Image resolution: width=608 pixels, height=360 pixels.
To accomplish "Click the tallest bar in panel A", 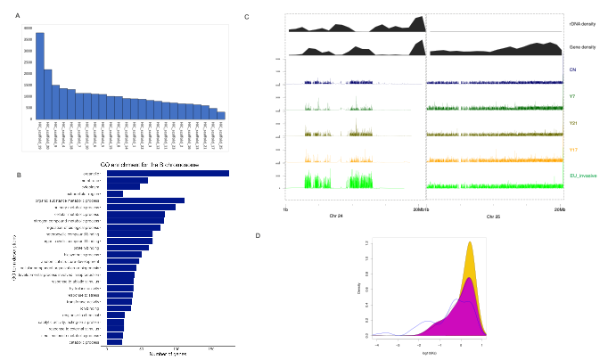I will pyautogui.click(x=40, y=76).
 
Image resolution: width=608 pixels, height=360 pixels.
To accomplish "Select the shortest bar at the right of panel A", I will pyautogui.click(x=221, y=115).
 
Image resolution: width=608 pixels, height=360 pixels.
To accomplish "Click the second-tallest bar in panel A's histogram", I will pyautogui.click(x=48, y=94).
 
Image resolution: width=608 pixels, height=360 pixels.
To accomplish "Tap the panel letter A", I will pyautogui.click(x=17, y=16).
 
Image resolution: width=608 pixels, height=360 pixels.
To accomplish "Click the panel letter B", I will pyautogui.click(x=20, y=175).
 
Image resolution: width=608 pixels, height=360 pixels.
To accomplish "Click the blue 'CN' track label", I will pyautogui.click(x=572, y=69).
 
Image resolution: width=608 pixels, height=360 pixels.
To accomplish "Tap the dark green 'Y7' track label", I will pyautogui.click(x=572, y=95).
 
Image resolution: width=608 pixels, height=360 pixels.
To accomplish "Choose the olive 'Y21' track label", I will pyautogui.click(x=573, y=123).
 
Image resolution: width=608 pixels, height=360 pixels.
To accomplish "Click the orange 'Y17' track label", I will pyautogui.click(x=573, y=150).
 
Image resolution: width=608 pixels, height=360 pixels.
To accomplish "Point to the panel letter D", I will pyautogui.click(x=259, y=235).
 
